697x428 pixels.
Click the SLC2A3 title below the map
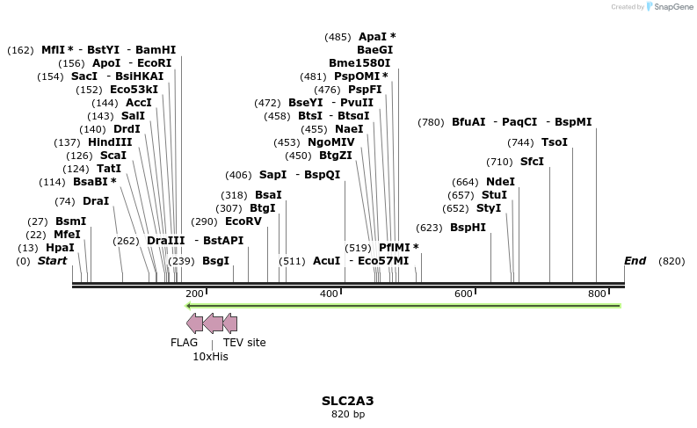tap(347, 401)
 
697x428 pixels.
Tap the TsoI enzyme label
tap(554, 142)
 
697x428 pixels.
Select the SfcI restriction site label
tap(532, 162)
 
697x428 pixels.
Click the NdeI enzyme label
tap(500, 182)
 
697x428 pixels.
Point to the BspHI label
tap(468, 228)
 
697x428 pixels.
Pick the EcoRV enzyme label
tap(243, 221)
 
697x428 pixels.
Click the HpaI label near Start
tap(60, 248)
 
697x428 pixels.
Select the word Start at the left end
tap(52, 261)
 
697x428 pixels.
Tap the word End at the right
tap(635, 261)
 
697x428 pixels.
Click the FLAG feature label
tap(184, 343)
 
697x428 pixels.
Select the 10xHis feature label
tap(210, 357)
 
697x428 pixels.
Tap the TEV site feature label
tap(244, 343)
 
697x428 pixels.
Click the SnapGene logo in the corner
tap(672, 7)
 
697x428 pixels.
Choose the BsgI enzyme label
tap(215, 261)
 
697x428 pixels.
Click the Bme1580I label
tap(360, 63)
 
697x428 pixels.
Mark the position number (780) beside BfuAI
tap(431, 122)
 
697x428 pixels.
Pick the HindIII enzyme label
tap(110, 142)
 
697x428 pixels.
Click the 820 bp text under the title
tap(347, 414)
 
